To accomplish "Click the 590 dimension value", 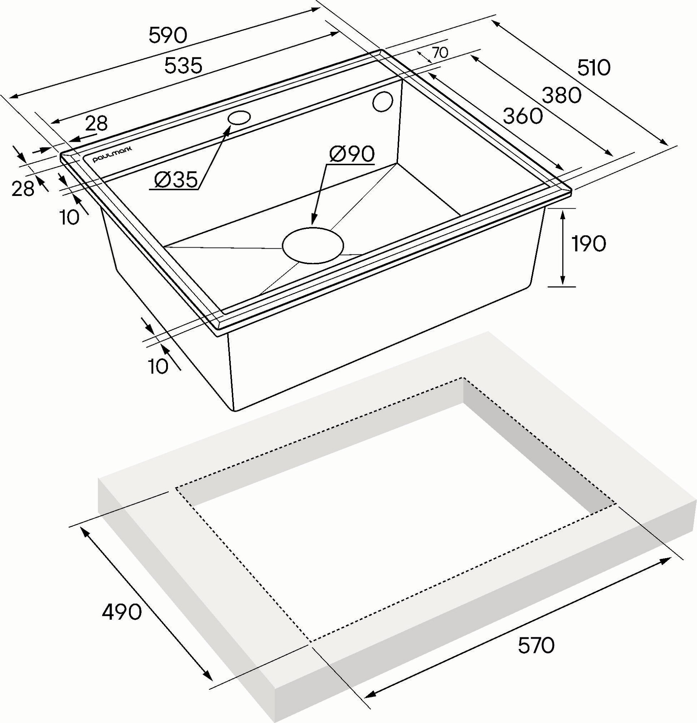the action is click(x=168, y=36).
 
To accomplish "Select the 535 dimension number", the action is click(x=183, y=66).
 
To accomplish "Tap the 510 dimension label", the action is click(x=593, y=68).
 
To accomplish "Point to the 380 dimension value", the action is click(x=562, y=96).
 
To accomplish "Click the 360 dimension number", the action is click(x=523, y=116).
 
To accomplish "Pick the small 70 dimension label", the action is click(x=440, y=53).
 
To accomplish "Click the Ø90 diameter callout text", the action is click(x=352, y=154).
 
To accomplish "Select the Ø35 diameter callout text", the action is click(x=176, y=180).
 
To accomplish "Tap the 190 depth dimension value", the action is click(x=588, y=244).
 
